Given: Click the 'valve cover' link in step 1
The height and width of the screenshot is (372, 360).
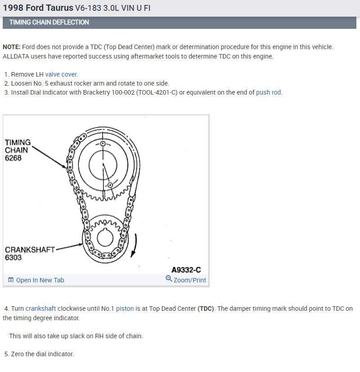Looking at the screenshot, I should coord(61,74).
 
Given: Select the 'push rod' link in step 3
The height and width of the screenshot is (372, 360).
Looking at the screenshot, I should coord(269,92).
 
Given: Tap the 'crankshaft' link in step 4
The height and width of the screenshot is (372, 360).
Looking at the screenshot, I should coord(40,308).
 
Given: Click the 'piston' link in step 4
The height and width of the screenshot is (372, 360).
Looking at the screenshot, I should coord(125,308).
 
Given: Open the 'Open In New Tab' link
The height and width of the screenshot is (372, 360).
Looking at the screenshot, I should coord(40,280).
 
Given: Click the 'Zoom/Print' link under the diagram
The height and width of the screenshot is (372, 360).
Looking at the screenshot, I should coord(189,280).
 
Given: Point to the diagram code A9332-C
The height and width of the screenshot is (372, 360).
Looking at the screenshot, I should coord(186,270).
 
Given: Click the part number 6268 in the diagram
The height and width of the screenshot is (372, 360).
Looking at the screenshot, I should coord(13,158).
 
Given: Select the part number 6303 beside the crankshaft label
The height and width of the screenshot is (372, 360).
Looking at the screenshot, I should coord(13,258).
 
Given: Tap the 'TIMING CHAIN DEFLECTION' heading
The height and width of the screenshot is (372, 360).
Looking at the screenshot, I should coord(49,22).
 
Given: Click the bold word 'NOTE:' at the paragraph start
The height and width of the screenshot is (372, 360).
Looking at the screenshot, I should coord(11,47).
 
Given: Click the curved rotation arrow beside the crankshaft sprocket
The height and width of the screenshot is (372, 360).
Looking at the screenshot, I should coord(135,245).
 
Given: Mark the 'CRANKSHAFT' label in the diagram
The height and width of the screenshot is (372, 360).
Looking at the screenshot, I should coord(30,250).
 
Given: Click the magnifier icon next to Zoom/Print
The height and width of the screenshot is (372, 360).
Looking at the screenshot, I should coord(169,279).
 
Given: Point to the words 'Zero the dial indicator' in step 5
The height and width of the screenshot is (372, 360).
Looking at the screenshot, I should coord(41,354).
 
